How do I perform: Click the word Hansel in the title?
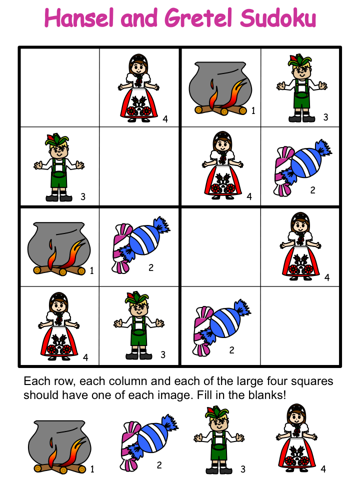click(79, 18)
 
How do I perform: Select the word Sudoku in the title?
click(277, 18)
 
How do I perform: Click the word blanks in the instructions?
click(266, 395)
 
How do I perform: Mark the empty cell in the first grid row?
click(59, 87)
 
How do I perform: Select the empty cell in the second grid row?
click(139, 166)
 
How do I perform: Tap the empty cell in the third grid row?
click(220, 247)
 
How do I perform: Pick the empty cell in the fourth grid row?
click(300, 325)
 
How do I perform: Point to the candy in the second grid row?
click(302, 168)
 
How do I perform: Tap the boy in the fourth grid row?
click(139, 325)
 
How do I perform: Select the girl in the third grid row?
click(300, 246)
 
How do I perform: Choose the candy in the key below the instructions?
click(149, 442)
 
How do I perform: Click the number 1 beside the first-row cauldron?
click(253, 111)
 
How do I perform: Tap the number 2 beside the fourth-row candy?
click(231, 350)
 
